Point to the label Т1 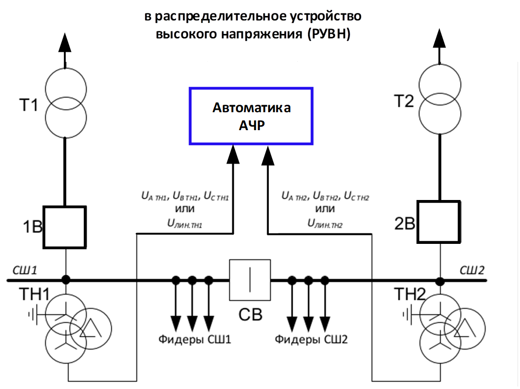[29, 105]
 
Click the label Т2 [404, 101]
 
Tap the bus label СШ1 [25, 270]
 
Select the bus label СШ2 [472, 270]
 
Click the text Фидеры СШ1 [194, 340]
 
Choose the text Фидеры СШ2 [311, 340]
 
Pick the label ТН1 [34, 294]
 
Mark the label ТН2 [410, 294]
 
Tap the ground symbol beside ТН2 [408, 314]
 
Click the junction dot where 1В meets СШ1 [66, 280]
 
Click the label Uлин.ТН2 [325, 223]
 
